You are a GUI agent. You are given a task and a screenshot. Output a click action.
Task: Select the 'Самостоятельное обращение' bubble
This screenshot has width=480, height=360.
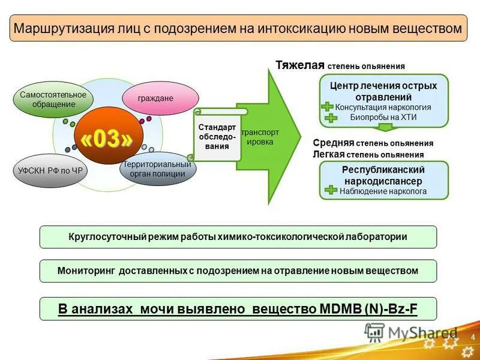(x=53, y=100)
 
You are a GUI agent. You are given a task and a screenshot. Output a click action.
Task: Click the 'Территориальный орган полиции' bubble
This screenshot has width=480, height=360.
(x=157, y=169)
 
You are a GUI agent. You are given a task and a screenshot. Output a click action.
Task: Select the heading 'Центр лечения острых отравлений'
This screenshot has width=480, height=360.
(x=383, y=91)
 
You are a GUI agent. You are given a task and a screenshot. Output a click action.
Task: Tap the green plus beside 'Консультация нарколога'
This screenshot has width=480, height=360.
(x=327, y=107)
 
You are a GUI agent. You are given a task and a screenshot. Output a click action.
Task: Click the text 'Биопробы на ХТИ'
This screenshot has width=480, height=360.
(x=383, y=117)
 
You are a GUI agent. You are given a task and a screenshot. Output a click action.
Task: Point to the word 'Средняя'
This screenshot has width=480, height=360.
(x=333, y=143)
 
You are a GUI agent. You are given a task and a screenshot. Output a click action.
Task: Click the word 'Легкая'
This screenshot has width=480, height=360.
(x=328, y=154)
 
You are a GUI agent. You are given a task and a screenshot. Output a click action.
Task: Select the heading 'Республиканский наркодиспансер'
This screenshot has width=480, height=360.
(x=383, y=175)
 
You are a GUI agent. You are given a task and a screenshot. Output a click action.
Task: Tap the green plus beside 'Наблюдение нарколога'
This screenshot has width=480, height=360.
(x=329, y=191)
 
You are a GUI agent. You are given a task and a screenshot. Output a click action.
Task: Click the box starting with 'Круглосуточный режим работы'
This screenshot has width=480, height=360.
(x=238, y=237)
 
